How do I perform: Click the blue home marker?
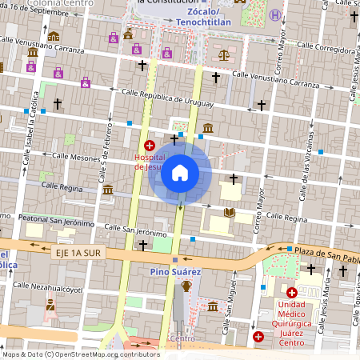pyautogui.click(x=180, y=173)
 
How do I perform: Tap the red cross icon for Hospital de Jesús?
pyautogui.click(x=150, y=146)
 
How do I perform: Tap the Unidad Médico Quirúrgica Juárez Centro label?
pyautogui.click(x=304, y=320)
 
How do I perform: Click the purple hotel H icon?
pyautogui.click(x=275, y=15)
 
